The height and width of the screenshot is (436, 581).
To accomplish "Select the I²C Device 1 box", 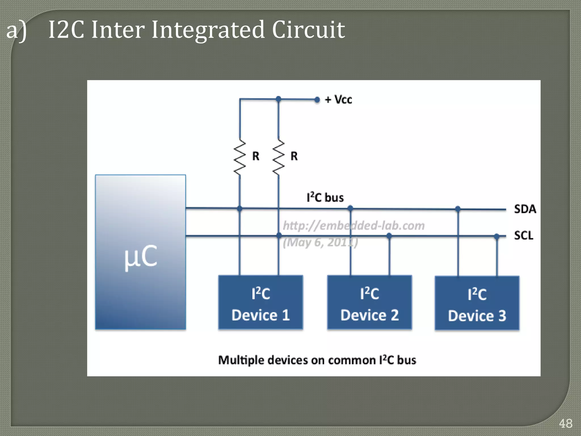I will [260, 303].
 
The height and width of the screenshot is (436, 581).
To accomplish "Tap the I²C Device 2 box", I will [369, 303].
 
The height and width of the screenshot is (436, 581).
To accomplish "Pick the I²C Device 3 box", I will [477, 303].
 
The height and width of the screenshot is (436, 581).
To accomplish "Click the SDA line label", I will [525, 209].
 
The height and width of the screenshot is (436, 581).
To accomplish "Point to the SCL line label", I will [523, 236].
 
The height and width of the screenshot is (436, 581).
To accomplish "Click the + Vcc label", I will [338, 100].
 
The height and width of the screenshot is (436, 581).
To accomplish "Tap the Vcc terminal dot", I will [317, 100].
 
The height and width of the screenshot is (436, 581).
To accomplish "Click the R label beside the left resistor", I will [256, 156].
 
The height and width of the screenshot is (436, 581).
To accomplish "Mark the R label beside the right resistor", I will [294, 156].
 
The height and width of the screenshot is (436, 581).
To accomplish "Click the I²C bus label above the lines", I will [325, 198].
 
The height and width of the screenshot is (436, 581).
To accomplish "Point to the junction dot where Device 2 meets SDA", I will [350, 208].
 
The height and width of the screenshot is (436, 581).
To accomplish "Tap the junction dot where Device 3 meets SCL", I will [496, 236].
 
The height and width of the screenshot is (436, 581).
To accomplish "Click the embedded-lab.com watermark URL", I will [354, 226].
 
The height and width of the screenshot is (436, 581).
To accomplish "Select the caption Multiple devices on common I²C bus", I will [317, 360].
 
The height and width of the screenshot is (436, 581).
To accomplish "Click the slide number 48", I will [565, 424].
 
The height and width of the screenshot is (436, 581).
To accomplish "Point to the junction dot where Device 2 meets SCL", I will [389, 236].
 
